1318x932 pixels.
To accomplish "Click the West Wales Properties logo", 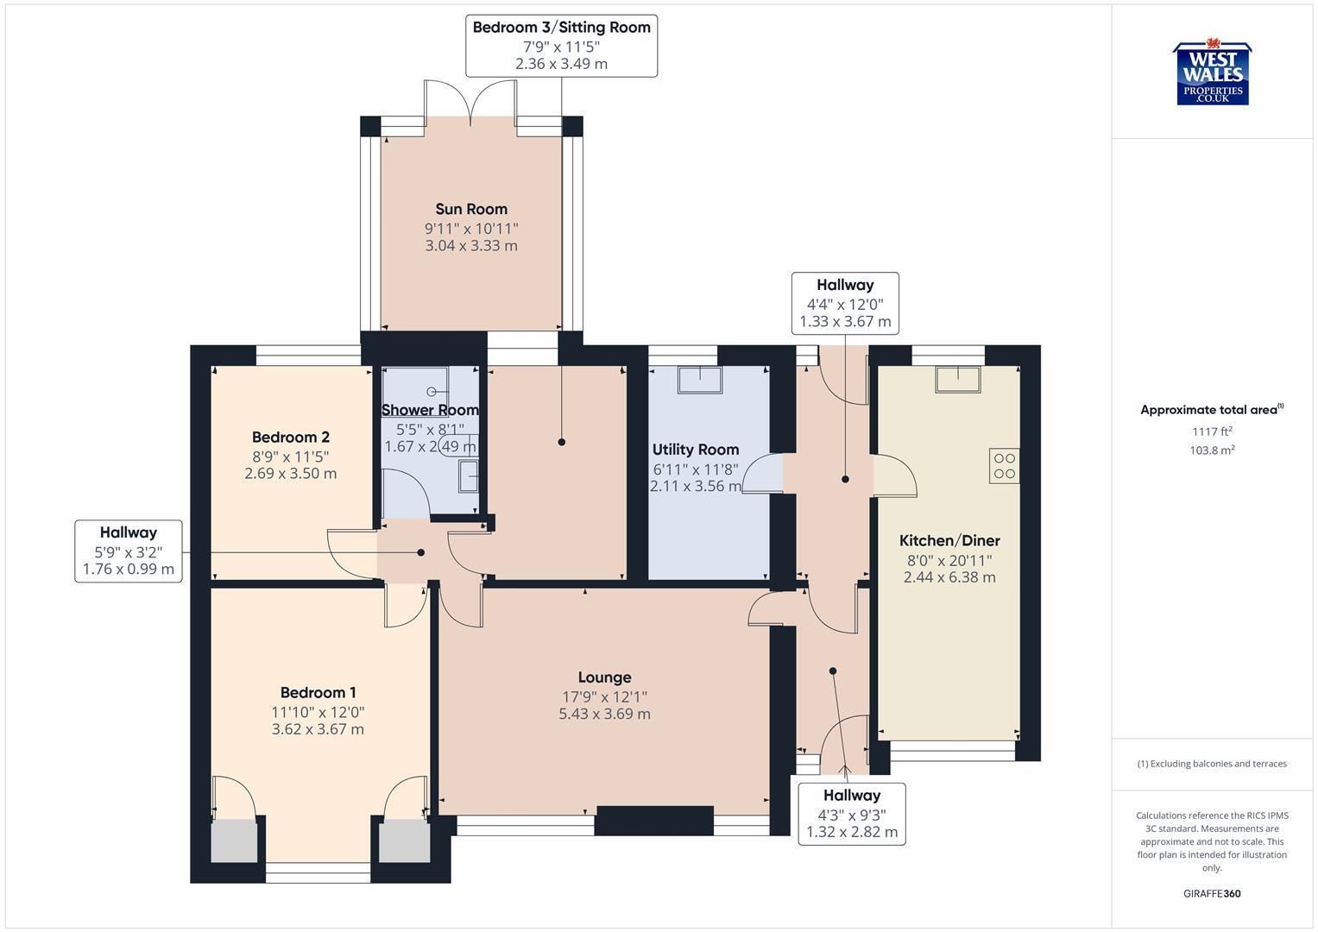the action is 1212,72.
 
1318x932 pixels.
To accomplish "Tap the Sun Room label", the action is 471,209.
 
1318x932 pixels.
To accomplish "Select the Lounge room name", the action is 604,677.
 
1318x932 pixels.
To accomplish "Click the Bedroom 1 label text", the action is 318,692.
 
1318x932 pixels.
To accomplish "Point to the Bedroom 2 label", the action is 291,438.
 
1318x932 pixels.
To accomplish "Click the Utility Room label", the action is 696,450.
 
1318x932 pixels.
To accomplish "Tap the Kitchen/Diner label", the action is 949,540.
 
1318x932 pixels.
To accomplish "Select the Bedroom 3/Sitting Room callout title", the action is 561,27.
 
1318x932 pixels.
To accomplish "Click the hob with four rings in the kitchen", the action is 1004,466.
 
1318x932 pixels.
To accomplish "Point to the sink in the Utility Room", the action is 700,380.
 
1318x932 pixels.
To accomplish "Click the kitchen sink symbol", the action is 958,379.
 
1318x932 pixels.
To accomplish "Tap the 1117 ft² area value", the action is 1212,431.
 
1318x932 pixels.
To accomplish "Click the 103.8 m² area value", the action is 1212,450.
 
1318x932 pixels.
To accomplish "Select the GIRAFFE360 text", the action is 1212,894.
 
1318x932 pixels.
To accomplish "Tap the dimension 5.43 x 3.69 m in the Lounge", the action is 604,714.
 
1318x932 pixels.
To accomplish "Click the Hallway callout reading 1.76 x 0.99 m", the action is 129,551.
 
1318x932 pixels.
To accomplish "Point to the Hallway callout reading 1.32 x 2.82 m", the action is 851,815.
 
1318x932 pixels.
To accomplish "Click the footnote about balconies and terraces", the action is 1212,764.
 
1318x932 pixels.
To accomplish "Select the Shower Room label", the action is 430,410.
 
